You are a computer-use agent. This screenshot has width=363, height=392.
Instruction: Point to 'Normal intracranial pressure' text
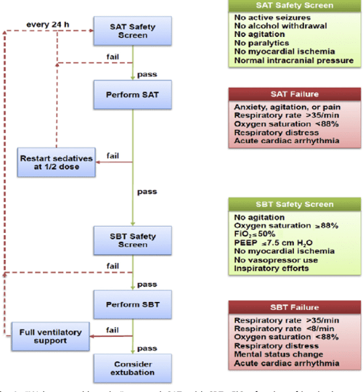click(x=293, y=61)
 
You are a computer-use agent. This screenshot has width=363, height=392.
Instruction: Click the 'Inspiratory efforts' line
click(x=271, y=268)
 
